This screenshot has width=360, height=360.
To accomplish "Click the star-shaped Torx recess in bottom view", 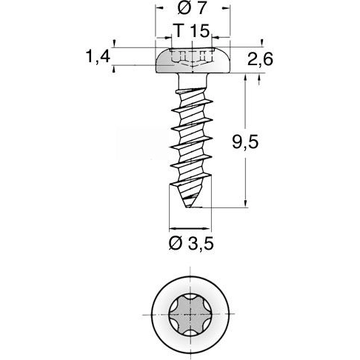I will coord(191,316).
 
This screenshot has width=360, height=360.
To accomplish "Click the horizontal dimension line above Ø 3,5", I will coord(190,226).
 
